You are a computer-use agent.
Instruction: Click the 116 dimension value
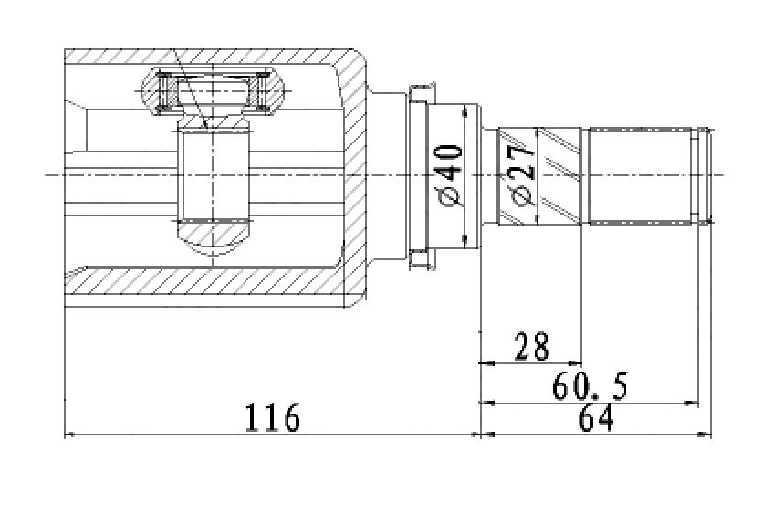pos(273,417)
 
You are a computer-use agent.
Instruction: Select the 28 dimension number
pos(532,346)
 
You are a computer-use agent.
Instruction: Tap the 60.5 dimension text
pos(590,386)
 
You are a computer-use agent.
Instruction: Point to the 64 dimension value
pos(595,417)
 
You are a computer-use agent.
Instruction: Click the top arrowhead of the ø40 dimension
pos(465,110)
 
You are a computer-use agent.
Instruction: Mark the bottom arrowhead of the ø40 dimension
pos(465,241)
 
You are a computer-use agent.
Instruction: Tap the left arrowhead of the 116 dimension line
pos(71,435)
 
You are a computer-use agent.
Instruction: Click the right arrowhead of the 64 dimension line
pos(705,435)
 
